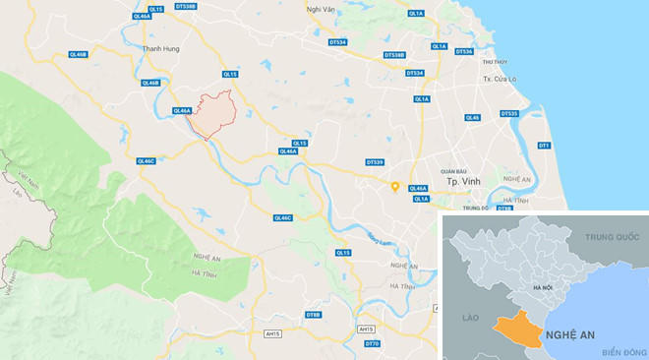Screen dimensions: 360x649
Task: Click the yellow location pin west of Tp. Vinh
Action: coord(394,186)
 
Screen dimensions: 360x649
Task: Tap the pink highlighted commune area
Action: coord(212,114)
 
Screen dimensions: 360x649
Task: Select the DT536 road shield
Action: coord(463,51)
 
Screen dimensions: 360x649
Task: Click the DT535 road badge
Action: coord(508,113)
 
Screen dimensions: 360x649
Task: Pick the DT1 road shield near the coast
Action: coord(544,146)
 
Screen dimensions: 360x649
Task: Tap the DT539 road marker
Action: coord(374,161)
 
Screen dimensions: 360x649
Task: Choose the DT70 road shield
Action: coord(372,343)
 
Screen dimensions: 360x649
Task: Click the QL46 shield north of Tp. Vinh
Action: coord(472,117)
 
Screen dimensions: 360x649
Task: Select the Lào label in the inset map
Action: coord(469,318)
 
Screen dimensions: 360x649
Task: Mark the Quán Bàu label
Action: coord(453,169)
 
